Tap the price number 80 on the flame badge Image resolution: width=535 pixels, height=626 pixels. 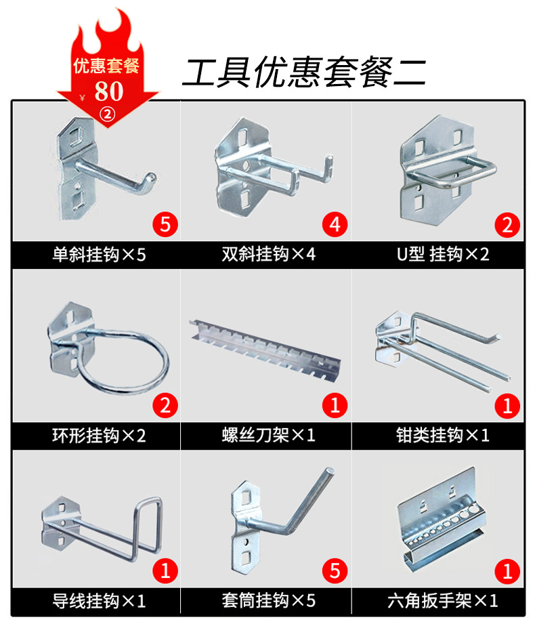click(108, 90)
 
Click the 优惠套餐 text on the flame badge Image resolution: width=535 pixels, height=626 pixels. click(106, 66)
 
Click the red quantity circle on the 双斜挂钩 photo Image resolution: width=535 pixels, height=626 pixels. click(335, 224)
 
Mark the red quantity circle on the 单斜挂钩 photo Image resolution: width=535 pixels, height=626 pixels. click(164, 224)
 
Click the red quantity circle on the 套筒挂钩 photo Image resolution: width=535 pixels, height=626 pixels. click(335, 570)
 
